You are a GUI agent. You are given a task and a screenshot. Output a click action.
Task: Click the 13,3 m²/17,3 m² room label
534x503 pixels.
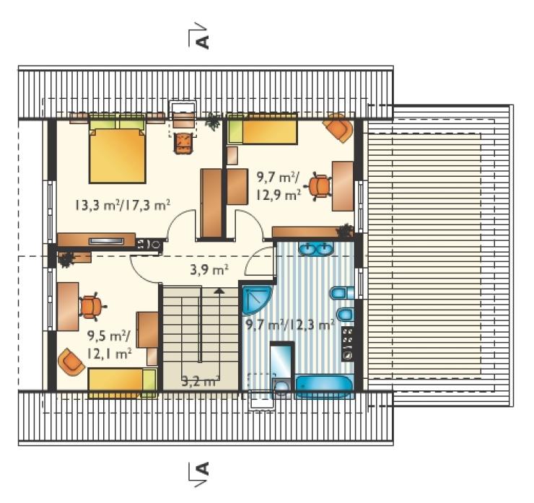pos(122,206)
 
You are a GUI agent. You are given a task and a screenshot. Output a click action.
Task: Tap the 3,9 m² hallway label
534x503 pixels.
pos(209,270)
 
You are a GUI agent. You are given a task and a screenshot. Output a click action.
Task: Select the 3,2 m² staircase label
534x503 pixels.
pos(199,382)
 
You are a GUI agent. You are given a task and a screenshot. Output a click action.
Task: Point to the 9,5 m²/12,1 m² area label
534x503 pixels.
pos(109,345)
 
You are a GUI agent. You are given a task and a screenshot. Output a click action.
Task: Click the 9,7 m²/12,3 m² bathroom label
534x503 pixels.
pos(290,325)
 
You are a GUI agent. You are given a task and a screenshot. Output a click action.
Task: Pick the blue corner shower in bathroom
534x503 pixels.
pos(256,299)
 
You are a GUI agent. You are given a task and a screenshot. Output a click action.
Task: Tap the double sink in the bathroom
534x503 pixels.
pos(316,248)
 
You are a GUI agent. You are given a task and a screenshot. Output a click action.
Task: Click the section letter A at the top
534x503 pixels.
pos(203,42)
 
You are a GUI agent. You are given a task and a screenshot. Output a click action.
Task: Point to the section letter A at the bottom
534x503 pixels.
pos(203,469)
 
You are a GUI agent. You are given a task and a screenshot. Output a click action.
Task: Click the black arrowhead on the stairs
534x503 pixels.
pos(219,291)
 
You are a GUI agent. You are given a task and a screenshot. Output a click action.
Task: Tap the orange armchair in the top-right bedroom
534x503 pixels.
pos(338,127)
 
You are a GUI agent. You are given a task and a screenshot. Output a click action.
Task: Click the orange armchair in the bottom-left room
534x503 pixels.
pos(71,362)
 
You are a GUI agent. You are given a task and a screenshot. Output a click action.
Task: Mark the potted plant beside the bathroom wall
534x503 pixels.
pos(345,230)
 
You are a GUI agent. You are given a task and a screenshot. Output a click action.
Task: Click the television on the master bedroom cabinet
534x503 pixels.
pos(106,241)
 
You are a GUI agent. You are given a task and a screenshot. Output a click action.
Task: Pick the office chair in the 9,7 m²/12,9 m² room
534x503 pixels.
pos(320,185)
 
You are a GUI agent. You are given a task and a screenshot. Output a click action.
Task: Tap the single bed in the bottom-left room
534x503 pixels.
pos(123,382)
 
